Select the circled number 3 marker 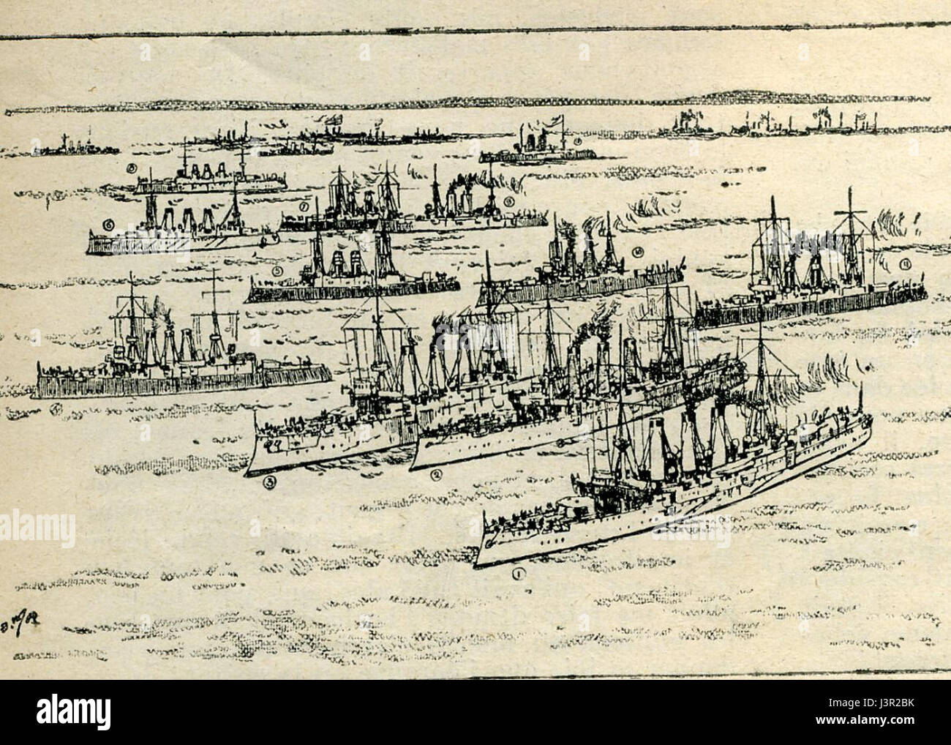tap(271, 481)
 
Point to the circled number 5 tap(277, 271)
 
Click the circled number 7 tap(302, 207)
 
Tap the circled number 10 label tap(638, 252)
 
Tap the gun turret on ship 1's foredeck tap(569, 506)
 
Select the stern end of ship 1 tap(871, 423)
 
